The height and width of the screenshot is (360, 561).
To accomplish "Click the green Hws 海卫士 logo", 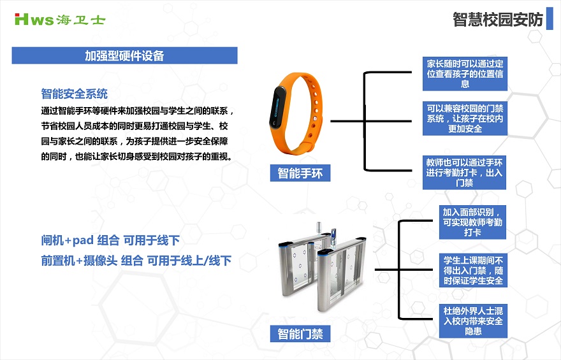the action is tap(60, 19).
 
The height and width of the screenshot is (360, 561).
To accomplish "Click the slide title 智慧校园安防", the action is tap(498, 20).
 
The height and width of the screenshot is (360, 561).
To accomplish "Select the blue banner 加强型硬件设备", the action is tap(124, 55).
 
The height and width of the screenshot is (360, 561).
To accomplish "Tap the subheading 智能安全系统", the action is tap(75, 94).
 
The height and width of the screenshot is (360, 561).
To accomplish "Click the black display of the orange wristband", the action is tap(277, 106).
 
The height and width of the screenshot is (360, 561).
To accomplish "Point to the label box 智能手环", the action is tap(300, 173).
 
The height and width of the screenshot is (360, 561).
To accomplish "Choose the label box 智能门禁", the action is tap(300, 334).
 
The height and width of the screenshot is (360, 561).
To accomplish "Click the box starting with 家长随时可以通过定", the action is tap(465, 74).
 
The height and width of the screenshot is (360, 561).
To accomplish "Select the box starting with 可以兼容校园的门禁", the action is tap(465, 119).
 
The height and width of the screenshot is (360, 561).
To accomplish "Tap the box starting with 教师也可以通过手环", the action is tap(464, 172).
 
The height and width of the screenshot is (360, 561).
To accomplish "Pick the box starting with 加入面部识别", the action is tap(472, 222).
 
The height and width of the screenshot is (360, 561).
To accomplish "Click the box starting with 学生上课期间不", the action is tap(473, 270).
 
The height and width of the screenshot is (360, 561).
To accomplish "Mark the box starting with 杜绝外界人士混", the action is tap(473, 320).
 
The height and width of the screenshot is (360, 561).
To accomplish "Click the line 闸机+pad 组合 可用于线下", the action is tap(110, 240).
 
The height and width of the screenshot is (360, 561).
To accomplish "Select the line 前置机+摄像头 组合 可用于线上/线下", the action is tap(136, 261).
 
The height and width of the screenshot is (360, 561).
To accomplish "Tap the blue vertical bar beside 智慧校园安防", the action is tap(550, 18).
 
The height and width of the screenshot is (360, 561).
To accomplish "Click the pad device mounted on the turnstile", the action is tap(334, 234).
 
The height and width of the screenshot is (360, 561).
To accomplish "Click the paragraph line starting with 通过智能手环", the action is tap(138, 111).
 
